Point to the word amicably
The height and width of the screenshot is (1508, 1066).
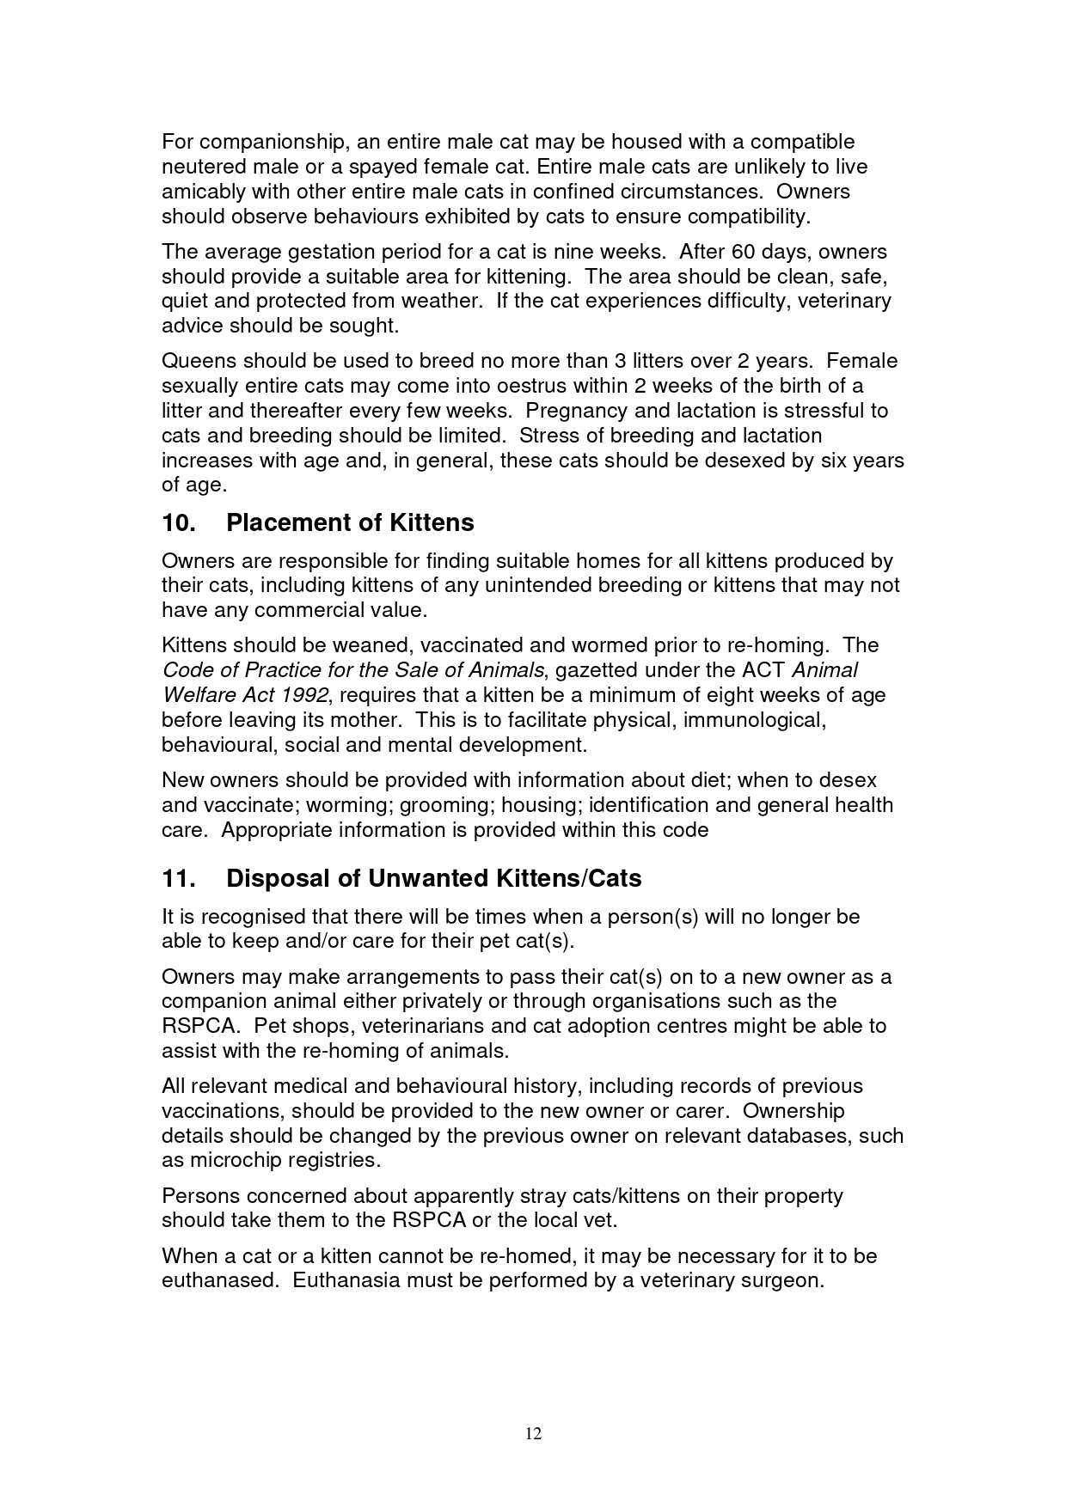coord(200,192)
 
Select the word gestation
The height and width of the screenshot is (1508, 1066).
coord(331,253)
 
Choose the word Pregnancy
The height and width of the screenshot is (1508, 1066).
coord(575,411)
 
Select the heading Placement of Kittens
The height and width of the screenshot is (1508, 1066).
coord(350,522)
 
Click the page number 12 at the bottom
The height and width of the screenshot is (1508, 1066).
coord(533,1433)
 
